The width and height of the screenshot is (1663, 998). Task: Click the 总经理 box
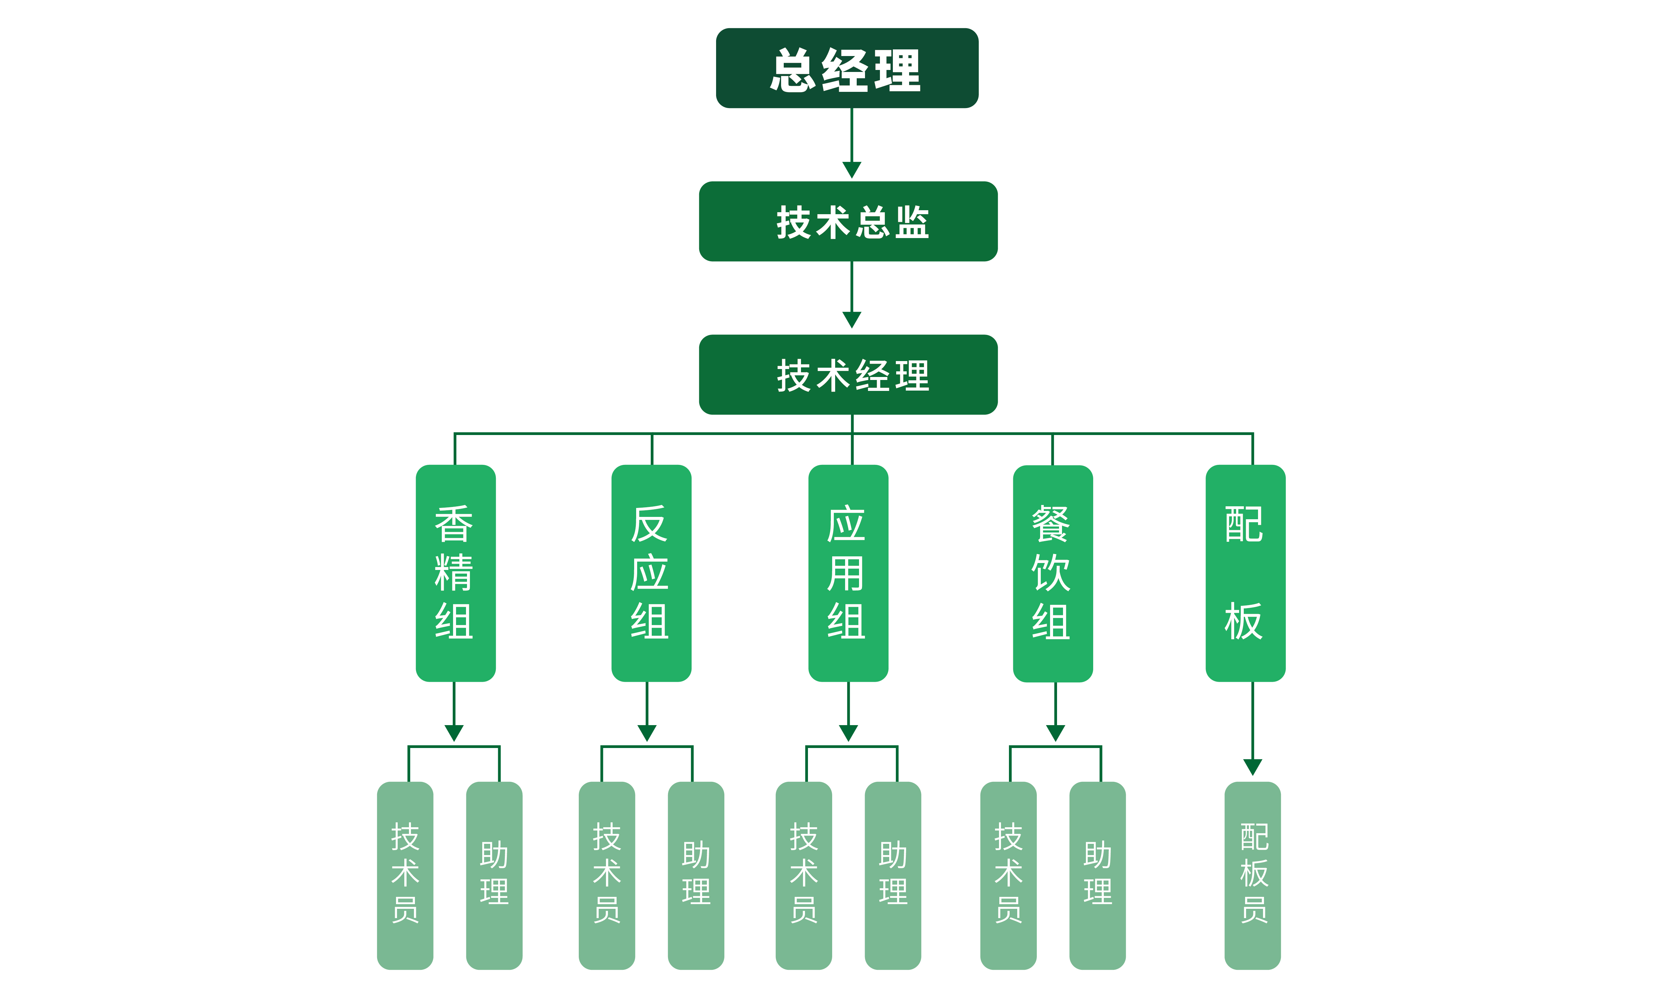click(847, 68)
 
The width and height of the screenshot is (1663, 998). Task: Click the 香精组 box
click(455, 573)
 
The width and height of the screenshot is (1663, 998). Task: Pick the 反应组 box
click(651, 573)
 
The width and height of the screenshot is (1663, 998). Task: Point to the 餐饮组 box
click(1053, 573)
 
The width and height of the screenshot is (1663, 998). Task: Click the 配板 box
click(1245, 573)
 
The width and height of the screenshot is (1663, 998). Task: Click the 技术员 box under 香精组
click(405, 875)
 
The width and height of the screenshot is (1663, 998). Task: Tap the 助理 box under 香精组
click(494, 875)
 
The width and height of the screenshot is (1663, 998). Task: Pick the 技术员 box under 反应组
click(607, 875)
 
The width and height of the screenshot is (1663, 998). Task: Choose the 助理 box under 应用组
click(893, 875)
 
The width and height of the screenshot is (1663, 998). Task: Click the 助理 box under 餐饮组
click(1097, 875)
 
